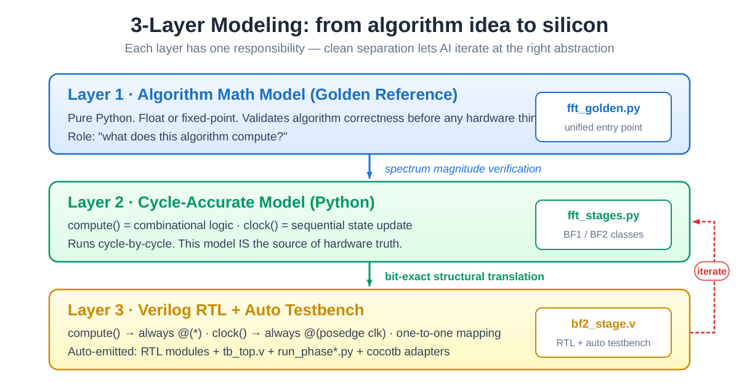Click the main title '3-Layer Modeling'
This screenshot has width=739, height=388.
(369, 25)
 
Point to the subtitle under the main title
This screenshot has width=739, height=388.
(369, 48)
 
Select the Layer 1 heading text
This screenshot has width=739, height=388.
(262, 94)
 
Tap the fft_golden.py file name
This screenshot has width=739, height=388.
(603, 108)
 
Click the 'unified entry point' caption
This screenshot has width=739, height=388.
(603, 127)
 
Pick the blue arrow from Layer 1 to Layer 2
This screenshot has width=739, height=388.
(369, 167)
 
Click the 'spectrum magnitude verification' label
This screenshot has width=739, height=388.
(462, 169)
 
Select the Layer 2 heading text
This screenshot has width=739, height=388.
(221, 202)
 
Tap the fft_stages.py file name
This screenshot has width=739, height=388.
(603, 216)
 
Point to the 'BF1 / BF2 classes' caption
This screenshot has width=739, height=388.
(603, 235)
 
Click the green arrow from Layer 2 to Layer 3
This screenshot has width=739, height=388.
(369, 275)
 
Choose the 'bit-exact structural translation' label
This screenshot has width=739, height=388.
(464, 277)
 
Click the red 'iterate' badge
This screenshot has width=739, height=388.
(712, 271)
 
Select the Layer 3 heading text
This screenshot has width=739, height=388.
(216, 310)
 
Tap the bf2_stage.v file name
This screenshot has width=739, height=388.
(603, 324)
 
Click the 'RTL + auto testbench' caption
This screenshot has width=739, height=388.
(603, 343)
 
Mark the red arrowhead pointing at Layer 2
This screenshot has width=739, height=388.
(696, 222)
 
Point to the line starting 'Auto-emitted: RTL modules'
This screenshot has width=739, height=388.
(258, 352)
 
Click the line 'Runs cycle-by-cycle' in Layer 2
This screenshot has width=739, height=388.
(235, 244)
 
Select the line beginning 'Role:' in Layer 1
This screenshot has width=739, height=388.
(177, 136)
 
